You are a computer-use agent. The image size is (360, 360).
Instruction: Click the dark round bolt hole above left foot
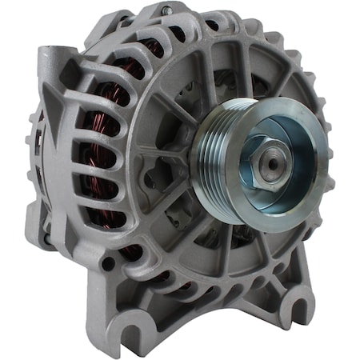point(108,263)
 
